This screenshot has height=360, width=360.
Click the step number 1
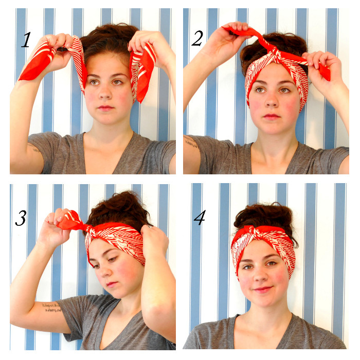point(26,40)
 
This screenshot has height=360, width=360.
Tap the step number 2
point(197,39)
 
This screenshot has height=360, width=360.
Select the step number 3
point(21,218)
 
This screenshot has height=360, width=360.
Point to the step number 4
point(200,218)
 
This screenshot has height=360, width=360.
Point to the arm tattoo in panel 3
point(52,308)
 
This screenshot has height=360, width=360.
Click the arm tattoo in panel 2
point(190,141)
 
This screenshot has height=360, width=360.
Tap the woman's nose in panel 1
point(105,93)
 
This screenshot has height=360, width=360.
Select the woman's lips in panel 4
point(263,289)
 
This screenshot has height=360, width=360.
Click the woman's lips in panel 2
point(272,116)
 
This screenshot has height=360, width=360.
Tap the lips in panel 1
point(105,107)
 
